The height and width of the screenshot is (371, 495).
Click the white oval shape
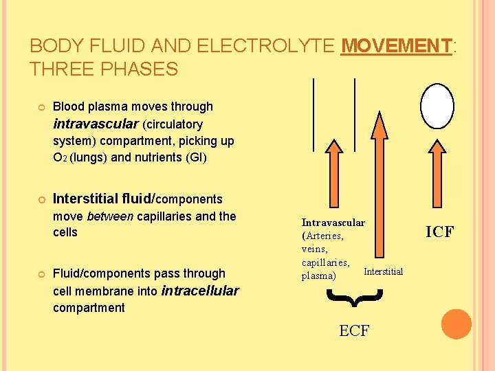(x=437, y=106)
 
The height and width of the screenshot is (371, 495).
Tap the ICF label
(x=439, y=232)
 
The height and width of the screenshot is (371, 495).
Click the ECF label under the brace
(x=354, y=331)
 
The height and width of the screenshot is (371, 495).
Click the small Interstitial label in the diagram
(x=383, y=272)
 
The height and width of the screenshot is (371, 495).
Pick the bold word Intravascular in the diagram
(x=333, y=223)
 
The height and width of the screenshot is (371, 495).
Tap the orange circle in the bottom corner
(x=456, y=324)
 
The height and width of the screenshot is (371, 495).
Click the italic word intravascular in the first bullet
(x=96, y=124)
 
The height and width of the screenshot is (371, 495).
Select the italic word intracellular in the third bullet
(x=199, y=291)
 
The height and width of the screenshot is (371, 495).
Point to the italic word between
(x=110, y=216)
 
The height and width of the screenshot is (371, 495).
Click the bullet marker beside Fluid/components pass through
(x=41, y=274)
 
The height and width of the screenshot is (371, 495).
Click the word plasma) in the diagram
(x=319, y=276)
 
